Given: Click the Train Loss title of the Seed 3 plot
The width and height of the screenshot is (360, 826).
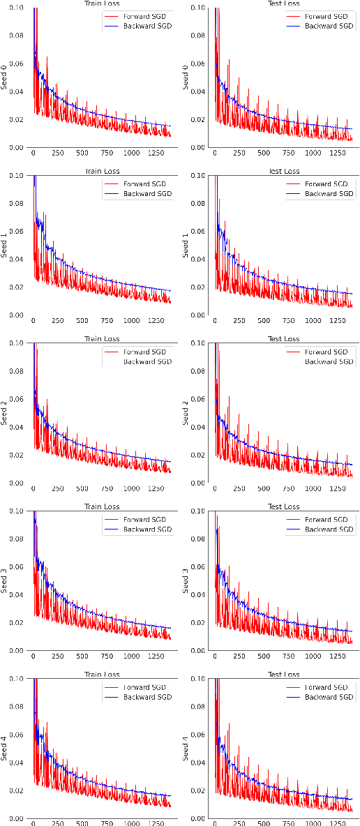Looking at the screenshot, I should (102, 506).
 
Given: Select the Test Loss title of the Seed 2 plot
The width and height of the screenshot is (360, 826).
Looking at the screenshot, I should (284, 339).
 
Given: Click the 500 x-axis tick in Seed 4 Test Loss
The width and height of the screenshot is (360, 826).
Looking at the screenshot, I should (262, 824).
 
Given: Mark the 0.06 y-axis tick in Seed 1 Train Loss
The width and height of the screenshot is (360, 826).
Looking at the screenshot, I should (15, 232).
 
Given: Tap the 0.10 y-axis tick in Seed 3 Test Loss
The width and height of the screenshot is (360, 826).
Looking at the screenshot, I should (197, 511).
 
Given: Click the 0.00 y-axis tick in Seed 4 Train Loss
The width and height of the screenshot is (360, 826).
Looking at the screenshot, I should (15, 818).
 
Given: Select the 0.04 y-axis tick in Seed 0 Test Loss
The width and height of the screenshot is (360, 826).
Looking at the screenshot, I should (197, 91).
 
